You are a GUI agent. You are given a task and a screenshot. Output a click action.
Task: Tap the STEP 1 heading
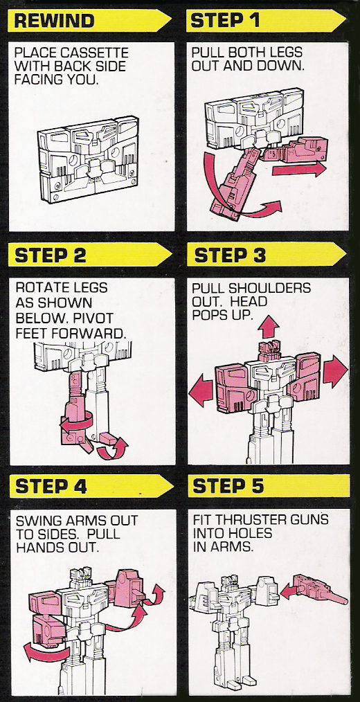coord(225,21)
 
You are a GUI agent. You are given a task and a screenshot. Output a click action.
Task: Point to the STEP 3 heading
coord(230,255)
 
